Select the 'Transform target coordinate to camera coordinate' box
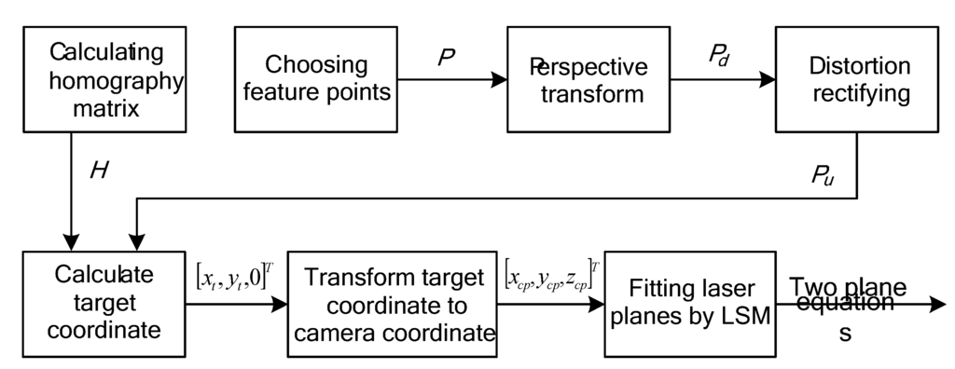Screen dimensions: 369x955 394,303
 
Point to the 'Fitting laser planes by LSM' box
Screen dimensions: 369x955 691,303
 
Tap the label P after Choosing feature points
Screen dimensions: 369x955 446,58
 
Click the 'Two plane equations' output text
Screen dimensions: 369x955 847,303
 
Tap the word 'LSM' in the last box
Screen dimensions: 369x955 746,316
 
